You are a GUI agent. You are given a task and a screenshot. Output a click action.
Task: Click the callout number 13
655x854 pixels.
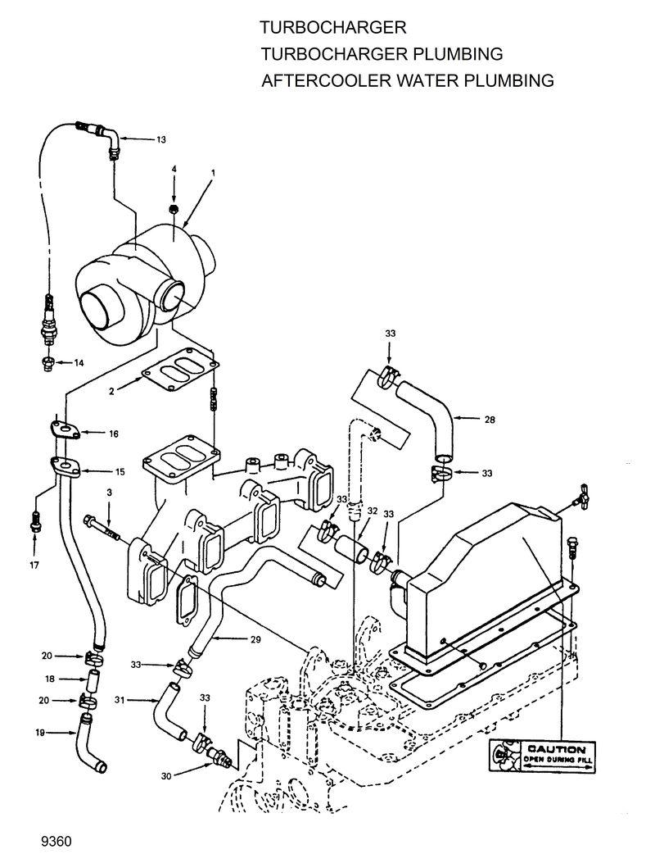click(x=160, y=140)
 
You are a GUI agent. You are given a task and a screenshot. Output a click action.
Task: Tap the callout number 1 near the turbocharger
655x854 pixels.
click(x=213, y=173)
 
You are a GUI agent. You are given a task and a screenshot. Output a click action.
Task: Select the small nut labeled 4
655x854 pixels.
click(x=174, y=210)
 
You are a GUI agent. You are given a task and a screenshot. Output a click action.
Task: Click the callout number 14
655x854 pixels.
click(x=79, y=361)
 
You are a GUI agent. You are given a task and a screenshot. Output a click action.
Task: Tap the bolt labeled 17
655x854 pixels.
click(x=34, y=519)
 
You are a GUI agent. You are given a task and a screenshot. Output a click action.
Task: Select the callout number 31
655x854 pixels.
click(x=120, y=699)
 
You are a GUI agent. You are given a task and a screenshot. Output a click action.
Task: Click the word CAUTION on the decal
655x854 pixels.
click(x=556, y=749)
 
